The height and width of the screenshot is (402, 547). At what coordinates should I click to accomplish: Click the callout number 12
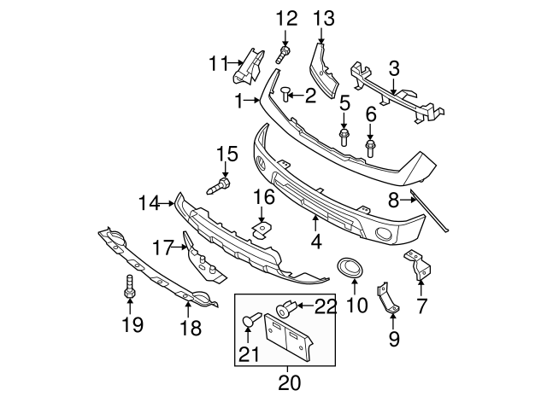(286, 18)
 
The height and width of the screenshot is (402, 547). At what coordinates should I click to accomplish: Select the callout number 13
(324, 18)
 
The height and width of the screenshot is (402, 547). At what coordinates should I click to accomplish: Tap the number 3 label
(393, 67)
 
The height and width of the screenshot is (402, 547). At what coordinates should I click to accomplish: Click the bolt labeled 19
(129, 288)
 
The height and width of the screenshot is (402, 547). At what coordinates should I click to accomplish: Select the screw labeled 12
(283, 55)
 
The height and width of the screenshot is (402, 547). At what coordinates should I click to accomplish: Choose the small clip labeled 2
(287, 92)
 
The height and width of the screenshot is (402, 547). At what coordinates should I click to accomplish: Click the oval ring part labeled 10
(350, 268)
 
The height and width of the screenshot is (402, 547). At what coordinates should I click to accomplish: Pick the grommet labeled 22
(286, 306)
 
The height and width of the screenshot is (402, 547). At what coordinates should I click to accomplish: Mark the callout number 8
(394, 201)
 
